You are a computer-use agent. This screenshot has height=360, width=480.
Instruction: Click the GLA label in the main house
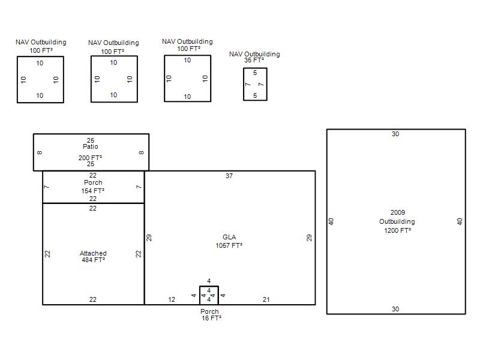[229, 237]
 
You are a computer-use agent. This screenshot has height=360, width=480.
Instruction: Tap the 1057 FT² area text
[229, 245]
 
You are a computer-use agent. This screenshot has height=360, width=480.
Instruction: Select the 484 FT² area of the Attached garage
[93, 260]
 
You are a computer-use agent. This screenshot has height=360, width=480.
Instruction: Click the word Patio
[91, 146]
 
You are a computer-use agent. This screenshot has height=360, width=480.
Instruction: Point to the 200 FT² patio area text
[90, 158]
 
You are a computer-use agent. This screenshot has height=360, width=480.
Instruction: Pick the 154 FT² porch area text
[93, 191]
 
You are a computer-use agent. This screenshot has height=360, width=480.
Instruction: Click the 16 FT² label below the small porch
[211, 318]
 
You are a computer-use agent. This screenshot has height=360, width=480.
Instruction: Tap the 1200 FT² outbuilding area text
[397, 230]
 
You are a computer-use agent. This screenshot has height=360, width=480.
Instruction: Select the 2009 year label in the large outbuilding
[398, 212]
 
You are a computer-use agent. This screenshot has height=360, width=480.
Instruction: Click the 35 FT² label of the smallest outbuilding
[254, 61]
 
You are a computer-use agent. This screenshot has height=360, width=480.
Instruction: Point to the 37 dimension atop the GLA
[229, 176]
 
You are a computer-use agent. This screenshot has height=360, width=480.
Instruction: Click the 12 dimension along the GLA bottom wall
[172, 299]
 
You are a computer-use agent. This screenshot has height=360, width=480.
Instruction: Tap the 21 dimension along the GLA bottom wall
[266, 299]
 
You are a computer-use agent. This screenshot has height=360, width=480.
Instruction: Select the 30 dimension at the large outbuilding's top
[395, 134]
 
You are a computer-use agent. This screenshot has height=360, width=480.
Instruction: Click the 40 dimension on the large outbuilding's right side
[460, 221]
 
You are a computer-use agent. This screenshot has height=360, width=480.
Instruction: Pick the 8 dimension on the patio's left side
[40, 152]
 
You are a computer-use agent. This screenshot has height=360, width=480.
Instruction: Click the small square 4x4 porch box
[200, 295]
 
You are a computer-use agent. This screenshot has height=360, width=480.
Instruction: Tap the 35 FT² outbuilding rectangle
[244, 84]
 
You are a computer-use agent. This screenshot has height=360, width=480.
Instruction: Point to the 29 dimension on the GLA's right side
[309, 238]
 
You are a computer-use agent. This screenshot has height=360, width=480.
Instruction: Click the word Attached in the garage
[93, 253]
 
